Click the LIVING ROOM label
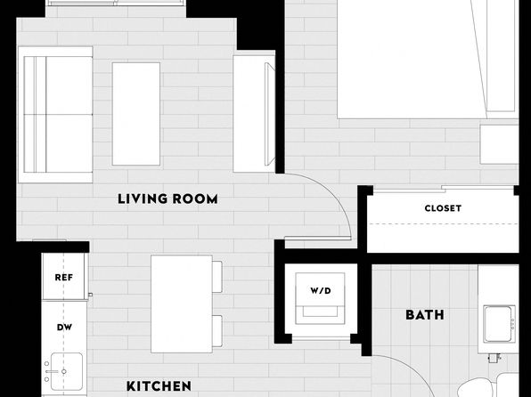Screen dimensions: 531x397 pyautogui.click(x=167, y=199)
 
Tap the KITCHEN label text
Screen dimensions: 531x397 pyautogui.click(x=159, y=386)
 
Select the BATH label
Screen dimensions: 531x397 pyautogui.click(x=425, y=315)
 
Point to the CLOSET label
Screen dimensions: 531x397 pyautogui.click(x=443, y=208)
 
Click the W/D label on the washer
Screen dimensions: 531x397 pyautogui.click(x=321, y=291)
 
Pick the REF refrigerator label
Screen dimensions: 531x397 pyautogui.click(x=64, y=278)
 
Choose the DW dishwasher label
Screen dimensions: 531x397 pyautogui.click(x=64, y=328)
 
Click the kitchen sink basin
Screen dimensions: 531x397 pyautogui.click(x=66, y=371)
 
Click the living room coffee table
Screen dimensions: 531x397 pyautogui.click(x=136, y=114)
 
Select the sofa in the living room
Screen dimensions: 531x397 pyautogui.click(x=55, y=115)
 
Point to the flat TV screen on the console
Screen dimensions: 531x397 pyautogui.click(x=270, y=114)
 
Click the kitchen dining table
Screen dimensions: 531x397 pyautogui.click(x=182, y=304)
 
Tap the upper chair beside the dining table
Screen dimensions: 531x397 pyautogui.click(x=217, y=277)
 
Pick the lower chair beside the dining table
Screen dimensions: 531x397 pyautogui.click(x=217, y=331)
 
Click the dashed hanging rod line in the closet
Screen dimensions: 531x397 pyautogui.click(x=443, y=223)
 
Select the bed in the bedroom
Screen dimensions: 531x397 pyautogui.click(x=428, y=60)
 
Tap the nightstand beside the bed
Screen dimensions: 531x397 pyautogui.click(x=499, y=144)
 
